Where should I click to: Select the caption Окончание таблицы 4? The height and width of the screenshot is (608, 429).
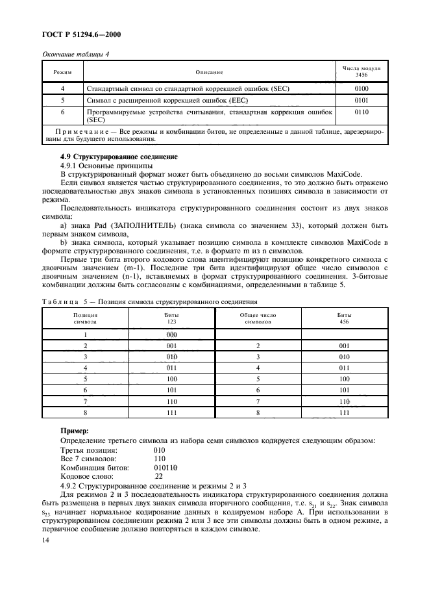click(x=75, y=54)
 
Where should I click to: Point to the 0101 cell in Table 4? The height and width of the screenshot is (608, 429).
click(x=362, y=101)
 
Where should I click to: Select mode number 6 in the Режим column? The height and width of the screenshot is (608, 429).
click(x=62, y=112)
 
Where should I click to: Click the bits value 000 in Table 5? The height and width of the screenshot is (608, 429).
click(x=172, y=335)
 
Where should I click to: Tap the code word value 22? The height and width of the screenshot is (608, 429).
click(x=158, y=476)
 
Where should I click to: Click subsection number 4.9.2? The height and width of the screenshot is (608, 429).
click(x=70, y=485)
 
